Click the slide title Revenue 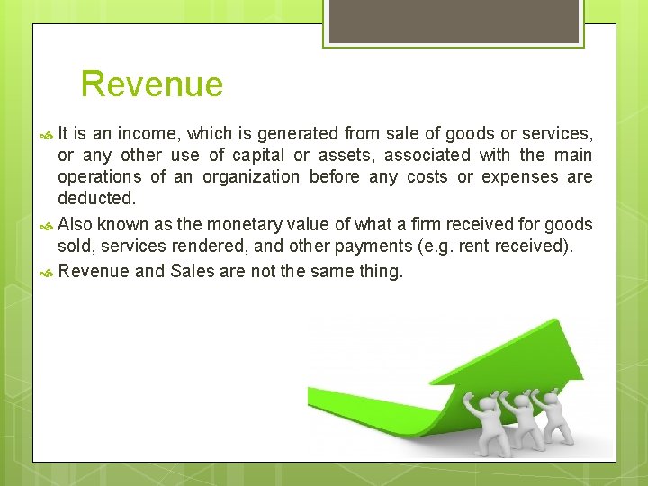(151, 85)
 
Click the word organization (250, 177)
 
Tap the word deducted (95, 198)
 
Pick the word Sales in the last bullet (192, 271)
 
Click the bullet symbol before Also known (49, 225)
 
